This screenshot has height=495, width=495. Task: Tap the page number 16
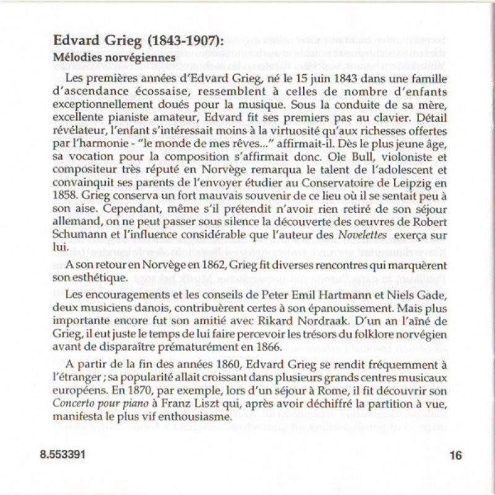point(456,456)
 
